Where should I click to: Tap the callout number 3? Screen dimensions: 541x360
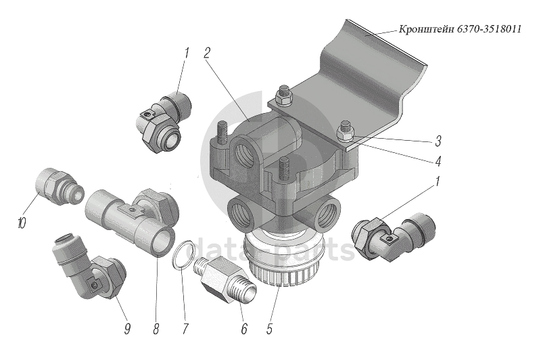point(438,142)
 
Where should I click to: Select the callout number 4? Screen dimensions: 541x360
point(438,162)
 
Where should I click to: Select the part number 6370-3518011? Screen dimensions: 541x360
point(490,30)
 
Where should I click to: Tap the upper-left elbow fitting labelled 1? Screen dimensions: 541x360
point(164,120)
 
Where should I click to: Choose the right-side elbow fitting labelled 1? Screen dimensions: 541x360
point(392,235)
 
